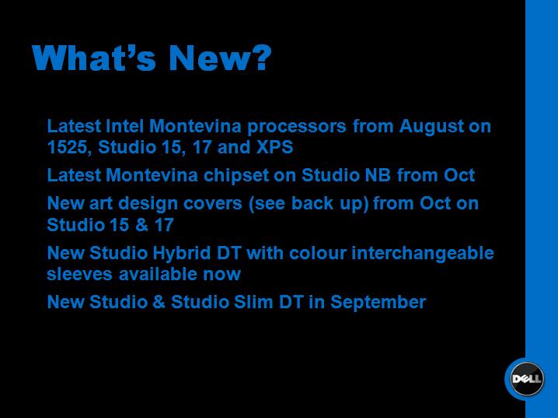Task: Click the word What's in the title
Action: pyautogui.click(x=94, y=58)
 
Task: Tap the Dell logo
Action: pyautogui.click(x=526, y=379)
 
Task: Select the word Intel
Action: pyautogui.click(x=124, y=126)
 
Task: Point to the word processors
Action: pyautogui.click(x=297, y=127)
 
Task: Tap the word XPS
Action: pyautogui.click(x=275, y=147)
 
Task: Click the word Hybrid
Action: pyautogui.click(x=182, y=254)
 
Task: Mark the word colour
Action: pyautogui.click(x=318, y=254)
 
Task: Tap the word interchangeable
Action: pyautogui.click(x=423, y=254)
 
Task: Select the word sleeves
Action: pyautogui.click(x=80, y=275)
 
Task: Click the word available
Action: pyautogui.click(x=158, y=275)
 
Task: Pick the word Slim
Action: pyautogui.click(x=253, y=302)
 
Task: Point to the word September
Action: pyautogui.click(x=378, y=303)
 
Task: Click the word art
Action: pyautogui.click(x=101, y=204)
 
